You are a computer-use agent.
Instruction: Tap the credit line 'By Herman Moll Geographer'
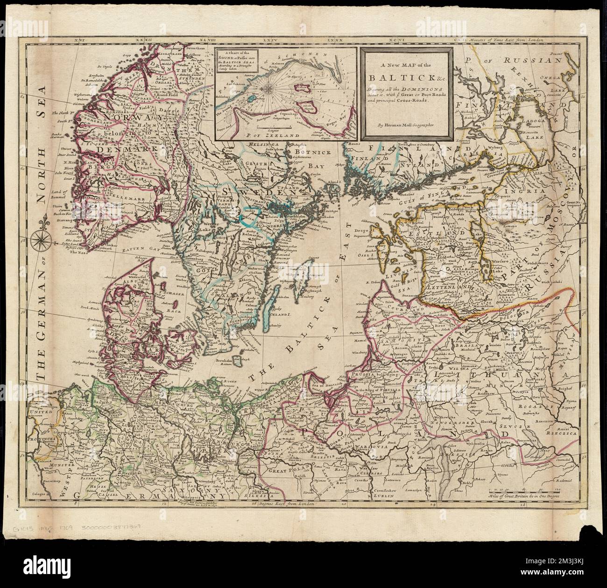pos(407,125)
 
